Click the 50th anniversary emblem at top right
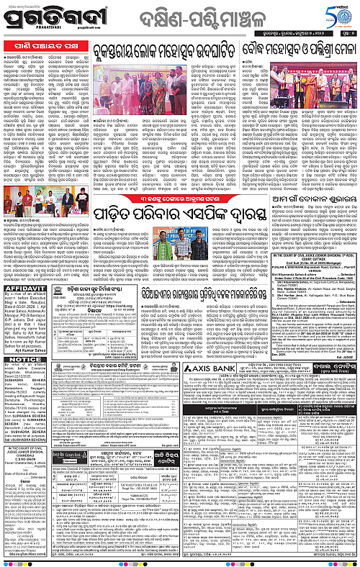(337, 14)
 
